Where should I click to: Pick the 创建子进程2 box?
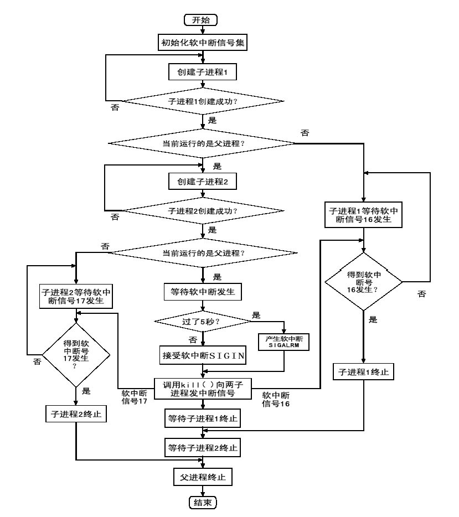point(203,181)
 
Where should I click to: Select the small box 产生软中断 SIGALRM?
point(283,342)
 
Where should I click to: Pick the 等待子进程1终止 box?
point(203,419)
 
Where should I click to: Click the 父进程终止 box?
point(203,475)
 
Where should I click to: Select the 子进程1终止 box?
point(363,372)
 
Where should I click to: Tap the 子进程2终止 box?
point(76,413)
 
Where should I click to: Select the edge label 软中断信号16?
point(275,399)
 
